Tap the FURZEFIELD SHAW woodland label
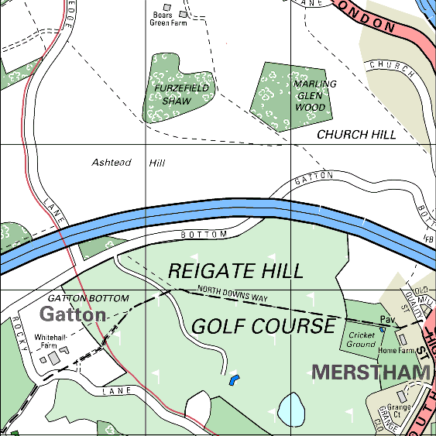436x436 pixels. pos(172,94)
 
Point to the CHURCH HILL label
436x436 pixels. pos(356,134)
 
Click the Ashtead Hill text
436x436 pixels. pos(129,163)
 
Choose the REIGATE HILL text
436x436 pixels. pos(235,271)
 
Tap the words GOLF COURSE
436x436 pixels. pos(263,326)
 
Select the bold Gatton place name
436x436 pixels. pos(73,314)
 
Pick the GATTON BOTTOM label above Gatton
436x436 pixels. pos(88,298)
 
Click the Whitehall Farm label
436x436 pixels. pos(60,342)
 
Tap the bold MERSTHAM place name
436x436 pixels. pos(370,372)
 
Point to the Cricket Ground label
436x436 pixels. pos(360,339)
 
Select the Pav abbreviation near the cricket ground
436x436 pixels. pos(387,320)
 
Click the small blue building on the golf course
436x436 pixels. pos(234,379)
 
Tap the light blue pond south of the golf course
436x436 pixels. pos(290,407)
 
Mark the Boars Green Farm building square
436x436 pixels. pos(184,14)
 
